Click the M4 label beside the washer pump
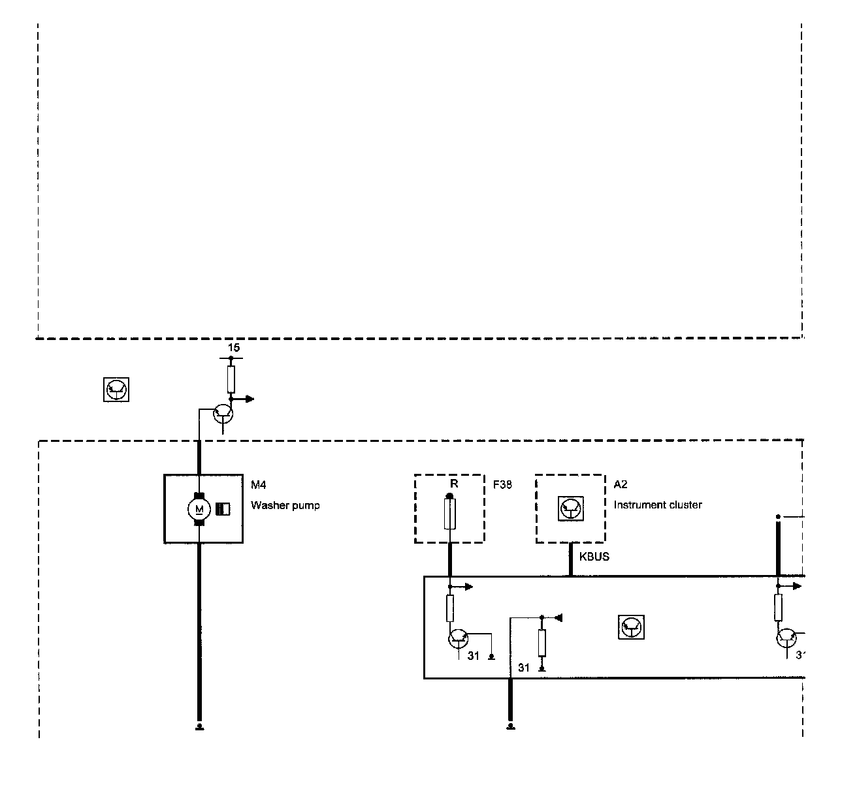[259, 484]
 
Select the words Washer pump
[285, 505]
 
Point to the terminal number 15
[233, 348]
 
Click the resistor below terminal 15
[231, 379]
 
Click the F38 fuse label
[502, 484]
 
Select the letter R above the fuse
[454, 484]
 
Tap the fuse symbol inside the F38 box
[449, 513]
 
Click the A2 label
[620, 484]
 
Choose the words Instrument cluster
[657, 505]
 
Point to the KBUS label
[594, 557]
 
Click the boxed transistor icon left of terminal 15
[116, 390]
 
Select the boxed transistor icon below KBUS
[631, 627]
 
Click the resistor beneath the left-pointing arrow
[542, 643]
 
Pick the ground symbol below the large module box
[510, 726]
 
